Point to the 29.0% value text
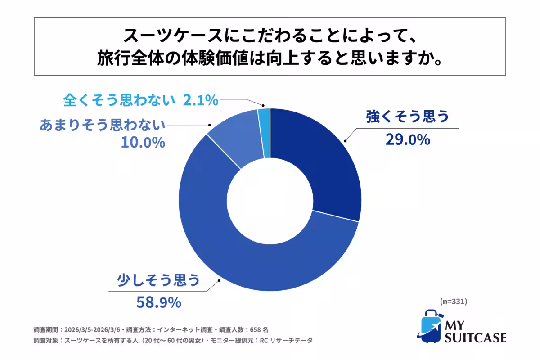408,140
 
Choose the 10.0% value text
143,143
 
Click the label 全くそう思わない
119,99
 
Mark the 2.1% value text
201,100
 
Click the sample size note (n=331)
453,301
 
